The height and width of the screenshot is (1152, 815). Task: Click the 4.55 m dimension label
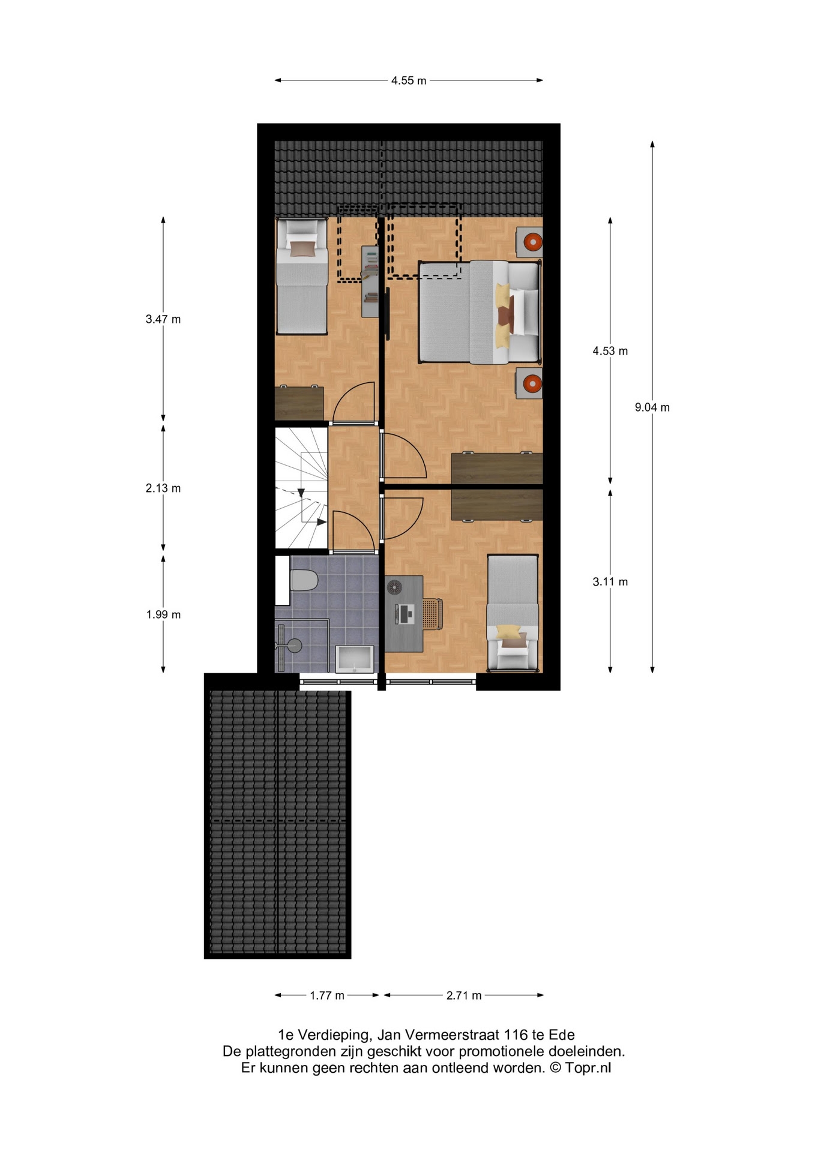pyautogui.click(x=409, y=80)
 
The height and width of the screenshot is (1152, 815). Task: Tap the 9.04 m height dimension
pyautogui.click(x=652, y=407)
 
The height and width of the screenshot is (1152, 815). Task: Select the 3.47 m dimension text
pyautogui.click(x=163, y=319)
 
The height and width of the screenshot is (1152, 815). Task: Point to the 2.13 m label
pyautogui.click(x=163, y=488)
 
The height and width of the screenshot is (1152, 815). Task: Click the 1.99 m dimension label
pyautogui.click(x=163, y=614)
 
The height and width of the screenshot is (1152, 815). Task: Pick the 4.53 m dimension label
pyautogui.click(x=610, y=351)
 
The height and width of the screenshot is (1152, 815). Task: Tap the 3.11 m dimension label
pyautogui.click(x=610, y=581)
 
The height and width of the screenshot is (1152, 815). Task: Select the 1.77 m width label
pyautogui.click(x=327, y=995)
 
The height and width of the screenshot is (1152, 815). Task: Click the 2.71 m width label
pyautogui.click(x=464, y=995)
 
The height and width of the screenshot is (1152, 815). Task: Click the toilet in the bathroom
pyautogui.click(x=303, y=581)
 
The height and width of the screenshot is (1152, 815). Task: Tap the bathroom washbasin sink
pyautogui.click(x=355, y=659)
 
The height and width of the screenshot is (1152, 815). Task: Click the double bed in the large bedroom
pyautogui.click(x=480, y=312)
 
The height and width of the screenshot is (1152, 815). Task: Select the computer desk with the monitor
pyautogui.click(x=404, y=614)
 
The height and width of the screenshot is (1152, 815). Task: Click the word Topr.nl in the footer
pyautogui.click(x=588, y=1068)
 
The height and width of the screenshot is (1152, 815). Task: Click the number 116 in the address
pyautogui.click(x=516, y=1034)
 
